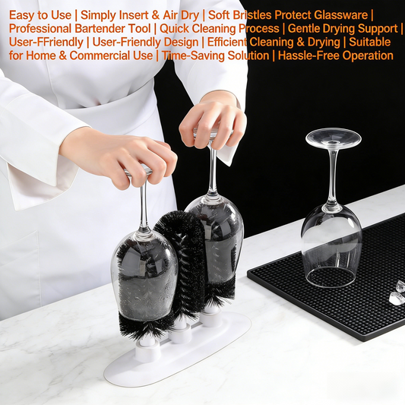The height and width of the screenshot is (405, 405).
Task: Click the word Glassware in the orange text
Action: point(340,15)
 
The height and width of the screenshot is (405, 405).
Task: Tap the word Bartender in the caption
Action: point(100,28)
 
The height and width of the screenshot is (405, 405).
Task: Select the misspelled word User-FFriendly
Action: point(46,43)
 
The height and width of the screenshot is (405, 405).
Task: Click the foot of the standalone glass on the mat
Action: point(334,138)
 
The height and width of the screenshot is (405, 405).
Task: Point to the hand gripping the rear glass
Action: point(213,122)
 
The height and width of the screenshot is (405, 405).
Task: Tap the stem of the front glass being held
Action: point(144,204)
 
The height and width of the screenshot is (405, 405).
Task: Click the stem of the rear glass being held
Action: point(213,170)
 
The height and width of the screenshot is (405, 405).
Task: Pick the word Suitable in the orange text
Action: point(369,43)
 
